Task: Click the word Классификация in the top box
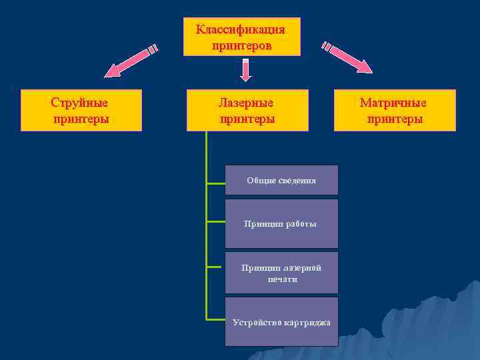[x=241, y=30]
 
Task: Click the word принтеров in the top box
[x=241, y=45]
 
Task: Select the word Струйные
[x=80, y=103]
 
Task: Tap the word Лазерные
[x=247, y=103]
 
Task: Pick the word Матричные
[x=394, y=103]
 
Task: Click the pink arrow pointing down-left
[x=130, y=60]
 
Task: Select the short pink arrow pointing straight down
[x=246, y=71]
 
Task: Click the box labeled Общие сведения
[x=281, y=180]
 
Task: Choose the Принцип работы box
[x=281, y=223]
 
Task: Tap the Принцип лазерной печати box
[x=281, y=273]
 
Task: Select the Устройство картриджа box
[x=281, y=322]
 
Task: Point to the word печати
[x=281, y=279]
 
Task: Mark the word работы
[x=301, y=224]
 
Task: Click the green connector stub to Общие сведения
[x=215, y=182]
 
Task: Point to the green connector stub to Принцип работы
[x=215, y=221]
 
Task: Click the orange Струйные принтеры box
[x=81, y=110]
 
